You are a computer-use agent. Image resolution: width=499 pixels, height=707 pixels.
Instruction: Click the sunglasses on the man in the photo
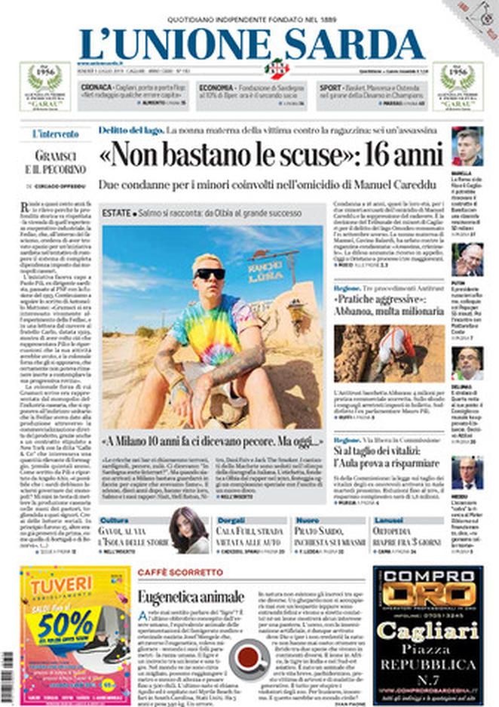coord(209,273)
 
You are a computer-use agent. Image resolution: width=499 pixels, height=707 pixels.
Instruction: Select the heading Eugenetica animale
coord(191,597)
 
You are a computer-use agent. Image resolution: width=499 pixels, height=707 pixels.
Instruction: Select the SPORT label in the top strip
coord(330,87)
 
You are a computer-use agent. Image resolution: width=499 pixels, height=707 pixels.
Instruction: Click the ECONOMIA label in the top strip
coord(215,87)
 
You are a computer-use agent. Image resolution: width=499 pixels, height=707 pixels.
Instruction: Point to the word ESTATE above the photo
coord(116,214)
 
